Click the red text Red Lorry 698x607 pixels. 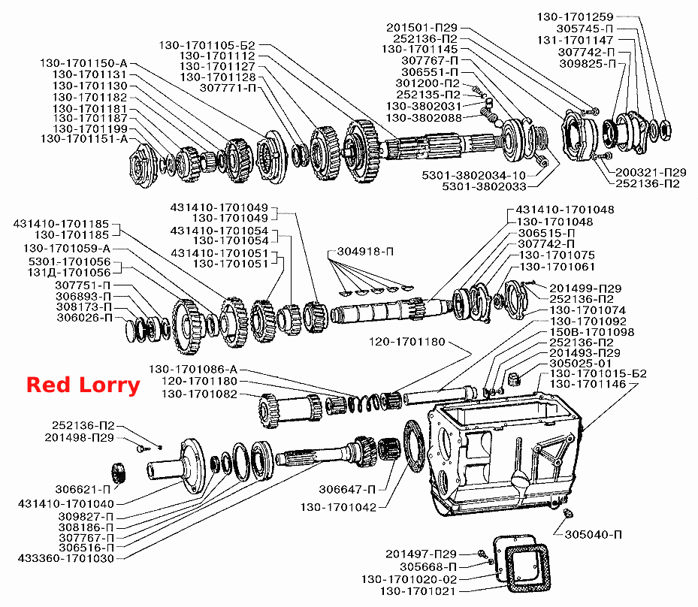[83, 385]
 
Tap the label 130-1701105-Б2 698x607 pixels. [207, 45]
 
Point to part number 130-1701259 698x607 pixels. [575, 17]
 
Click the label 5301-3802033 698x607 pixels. [484, 186]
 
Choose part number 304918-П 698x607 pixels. [365, 252]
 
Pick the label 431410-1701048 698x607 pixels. [565, 210]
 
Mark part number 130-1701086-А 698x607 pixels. [193, 370]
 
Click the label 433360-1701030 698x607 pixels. [66, 558]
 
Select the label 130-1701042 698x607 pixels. [338, 507]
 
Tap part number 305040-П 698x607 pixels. [594, 534]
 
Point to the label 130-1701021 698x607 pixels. [418, 591]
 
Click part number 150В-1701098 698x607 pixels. [591, 332]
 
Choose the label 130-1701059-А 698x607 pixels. [67, 249]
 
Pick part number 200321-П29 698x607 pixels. [651, 172]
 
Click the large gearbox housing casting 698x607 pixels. [505, 454]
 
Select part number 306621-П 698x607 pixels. [83, 490]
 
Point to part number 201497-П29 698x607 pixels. [421, 554]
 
